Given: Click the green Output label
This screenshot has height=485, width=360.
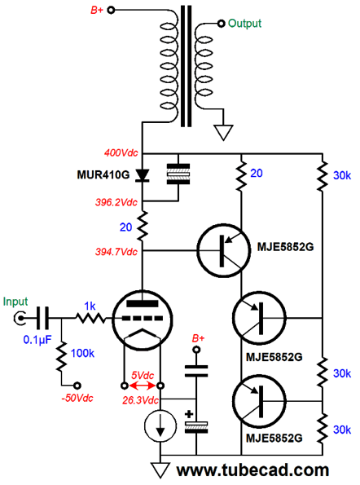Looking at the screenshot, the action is [x=244, y=24].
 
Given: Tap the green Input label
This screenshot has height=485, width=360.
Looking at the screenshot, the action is [x=15, y=302].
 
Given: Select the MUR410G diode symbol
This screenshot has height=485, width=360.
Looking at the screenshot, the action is [x=143, y=175].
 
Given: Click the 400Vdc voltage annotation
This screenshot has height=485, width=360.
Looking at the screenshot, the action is [x=121, y=152].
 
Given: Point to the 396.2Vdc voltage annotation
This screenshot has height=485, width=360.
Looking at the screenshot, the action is [x=116, y=202].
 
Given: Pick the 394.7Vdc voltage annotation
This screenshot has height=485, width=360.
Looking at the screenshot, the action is [x=116, y=252].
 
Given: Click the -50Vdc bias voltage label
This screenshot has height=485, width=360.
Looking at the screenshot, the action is [x=77, y=398].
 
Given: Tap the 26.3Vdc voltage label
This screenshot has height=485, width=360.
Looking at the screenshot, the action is [x=140, y=400].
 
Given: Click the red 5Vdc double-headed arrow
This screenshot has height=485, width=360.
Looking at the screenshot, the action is [x=143, y=386].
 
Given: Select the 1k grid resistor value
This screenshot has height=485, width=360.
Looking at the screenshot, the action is [x=90, y=306].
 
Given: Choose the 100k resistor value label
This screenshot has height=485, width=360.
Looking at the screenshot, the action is [x=82, y=353].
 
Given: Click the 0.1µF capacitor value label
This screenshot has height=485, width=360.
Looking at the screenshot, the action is [x=37, y=340].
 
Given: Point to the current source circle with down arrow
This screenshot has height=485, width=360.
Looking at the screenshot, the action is [x=160, y=426].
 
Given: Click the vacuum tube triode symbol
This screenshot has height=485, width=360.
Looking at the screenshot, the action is [x=143, y=320].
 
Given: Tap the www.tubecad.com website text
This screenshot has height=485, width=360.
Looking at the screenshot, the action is [x=252, y=470].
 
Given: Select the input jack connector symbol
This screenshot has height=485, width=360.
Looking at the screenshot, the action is [x=20, y=318].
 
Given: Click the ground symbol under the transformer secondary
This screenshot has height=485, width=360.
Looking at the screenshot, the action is [x=223, y=132].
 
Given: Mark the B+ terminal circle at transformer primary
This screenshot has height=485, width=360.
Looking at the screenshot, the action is [x=111, y=11].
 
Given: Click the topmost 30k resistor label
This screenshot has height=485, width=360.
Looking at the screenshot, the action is [x=342, y=175].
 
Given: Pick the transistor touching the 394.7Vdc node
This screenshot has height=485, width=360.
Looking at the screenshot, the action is [x=222, y=250].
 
